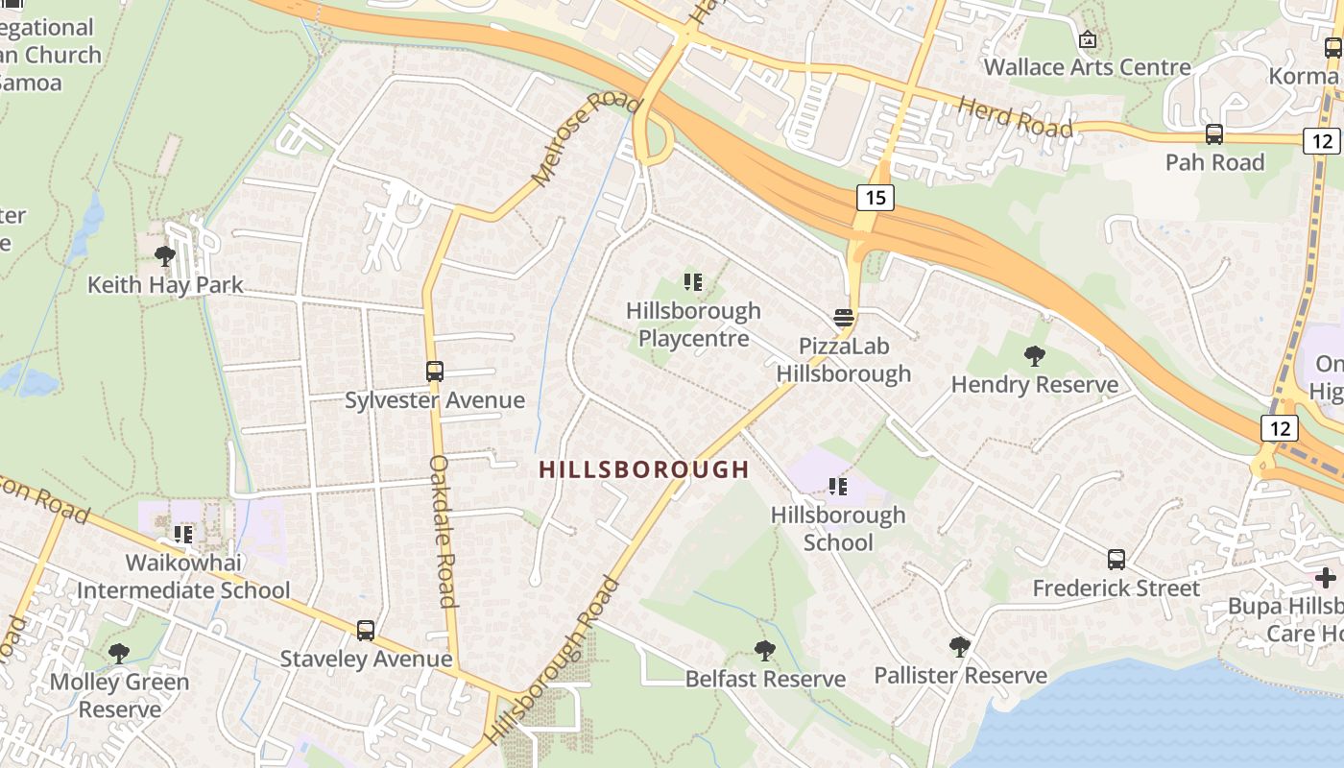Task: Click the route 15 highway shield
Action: coord(875,198)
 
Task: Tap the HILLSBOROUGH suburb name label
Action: coord(643,469)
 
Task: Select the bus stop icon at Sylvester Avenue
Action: coord(435,372)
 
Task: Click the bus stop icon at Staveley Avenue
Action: coord(366,631)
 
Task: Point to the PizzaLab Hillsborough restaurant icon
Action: coord(844,318)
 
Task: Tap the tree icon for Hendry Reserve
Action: coord(1034,356)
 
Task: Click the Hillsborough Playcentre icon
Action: coord(693,282)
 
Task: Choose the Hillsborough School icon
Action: coord(838,487)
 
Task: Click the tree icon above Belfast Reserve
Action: coord(765,651)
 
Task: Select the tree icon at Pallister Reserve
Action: coord(959,646)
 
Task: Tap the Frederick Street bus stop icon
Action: coord(1116,560)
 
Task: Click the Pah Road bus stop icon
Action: coord(1214,134)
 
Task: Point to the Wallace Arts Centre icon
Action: coord(1088,39)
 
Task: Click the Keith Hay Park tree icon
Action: coord(165,256)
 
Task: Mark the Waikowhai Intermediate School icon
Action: coord(183,534)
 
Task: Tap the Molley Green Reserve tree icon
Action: coord(119,654)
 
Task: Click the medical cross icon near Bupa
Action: coord(1326,578)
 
